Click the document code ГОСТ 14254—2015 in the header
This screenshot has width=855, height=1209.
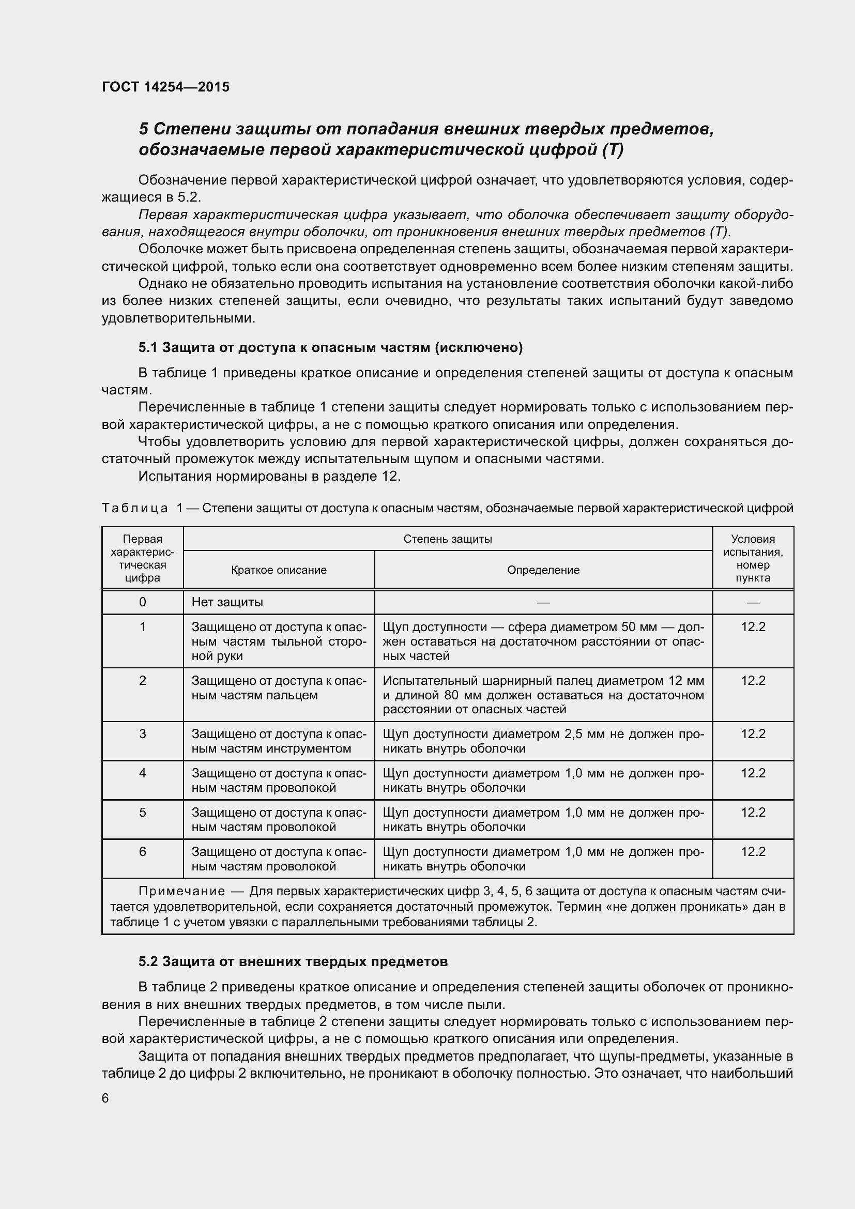click(x=165, y=87)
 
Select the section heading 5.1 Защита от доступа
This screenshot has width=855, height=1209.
click(x=330, y=347)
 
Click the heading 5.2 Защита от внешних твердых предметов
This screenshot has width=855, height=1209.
click(x=293, y=961)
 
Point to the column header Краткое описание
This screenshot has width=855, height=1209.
click(x=279, y=570)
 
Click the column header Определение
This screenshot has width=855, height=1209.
click(x=543, y=570)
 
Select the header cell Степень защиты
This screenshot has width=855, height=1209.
click(x=448, y=539)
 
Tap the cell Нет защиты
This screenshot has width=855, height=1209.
click(x=227, y=602)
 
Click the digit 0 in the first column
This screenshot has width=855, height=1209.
click(x=142, y=602)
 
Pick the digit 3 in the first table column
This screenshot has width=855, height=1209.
click(x=142, y=734)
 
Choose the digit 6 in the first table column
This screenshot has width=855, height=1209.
click(x=142, y=852)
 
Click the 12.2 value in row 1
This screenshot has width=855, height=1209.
click(x=753, y=626)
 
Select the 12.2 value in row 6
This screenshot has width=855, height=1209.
click(x=753, y=852)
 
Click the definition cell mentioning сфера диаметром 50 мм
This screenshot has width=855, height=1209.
click(x=543, y=641)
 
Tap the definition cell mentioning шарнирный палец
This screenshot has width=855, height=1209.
click(x=543, y=695)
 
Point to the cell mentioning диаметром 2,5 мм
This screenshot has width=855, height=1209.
click(x=543, y=741)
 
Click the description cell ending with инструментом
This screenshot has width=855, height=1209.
click(x=279, y=741)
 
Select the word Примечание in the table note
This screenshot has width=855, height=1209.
click(x=181, y=891)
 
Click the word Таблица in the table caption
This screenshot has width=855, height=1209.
click(x=135, y=508)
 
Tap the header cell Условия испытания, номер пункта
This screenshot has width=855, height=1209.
click(x=753, y=558)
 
